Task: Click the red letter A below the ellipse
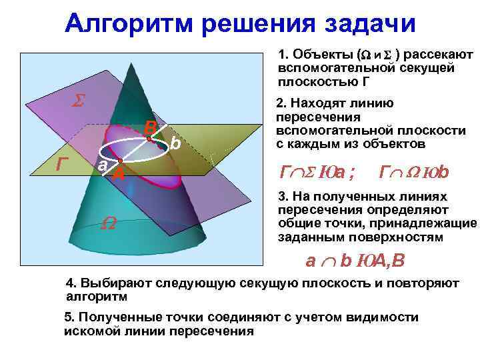119,175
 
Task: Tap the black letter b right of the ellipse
175,143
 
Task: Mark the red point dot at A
119,162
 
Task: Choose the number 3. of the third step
282,197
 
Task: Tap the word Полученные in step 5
118,318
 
